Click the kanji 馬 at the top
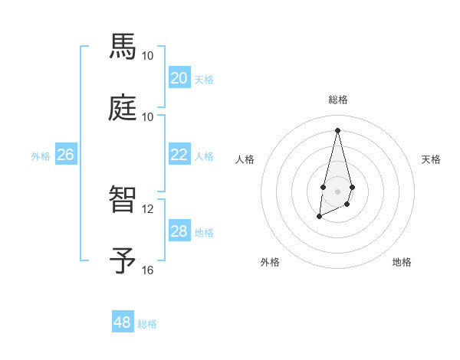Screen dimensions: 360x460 click(x=124, y=47)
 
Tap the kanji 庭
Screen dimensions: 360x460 click(x=124, y=107)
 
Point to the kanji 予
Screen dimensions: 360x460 click(x=124, y=260)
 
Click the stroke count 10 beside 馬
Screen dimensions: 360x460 click(x=148, y=56)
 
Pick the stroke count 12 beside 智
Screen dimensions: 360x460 click(x=148, y=209)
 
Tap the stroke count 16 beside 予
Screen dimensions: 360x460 click(x=148, y=270)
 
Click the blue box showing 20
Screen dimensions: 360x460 click(x=179, y=78)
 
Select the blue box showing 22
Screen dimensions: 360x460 click(x=179, y=155)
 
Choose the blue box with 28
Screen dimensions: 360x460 click(x=179, y=231)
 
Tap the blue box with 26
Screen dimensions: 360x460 click(x=65, y=155)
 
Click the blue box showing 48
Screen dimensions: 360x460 click(x=122, y=322)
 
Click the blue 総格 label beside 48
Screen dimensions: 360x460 click(x=147, y=324)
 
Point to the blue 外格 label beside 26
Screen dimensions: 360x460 click(x=41, y=156)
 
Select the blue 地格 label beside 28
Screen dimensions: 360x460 click(x=204, y=233)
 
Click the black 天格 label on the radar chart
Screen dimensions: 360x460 click(x=431, y=159)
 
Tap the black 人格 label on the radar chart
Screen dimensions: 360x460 click(x=245, y=159)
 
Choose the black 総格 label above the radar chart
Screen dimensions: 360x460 click(x=337, y=100)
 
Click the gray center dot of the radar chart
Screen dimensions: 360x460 click(x=337, y=190)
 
